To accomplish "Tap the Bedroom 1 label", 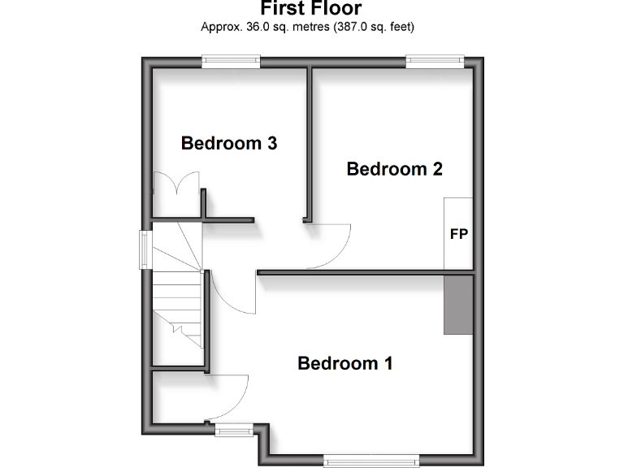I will point(345,363).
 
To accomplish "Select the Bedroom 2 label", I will point(394,169).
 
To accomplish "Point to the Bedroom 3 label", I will point(229,144).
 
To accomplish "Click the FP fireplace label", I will point(459,234).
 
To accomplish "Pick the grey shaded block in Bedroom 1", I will point(458,304).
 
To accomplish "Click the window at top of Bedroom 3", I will point(231,60).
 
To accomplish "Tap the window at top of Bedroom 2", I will point(435,60).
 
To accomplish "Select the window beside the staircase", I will point(144,248).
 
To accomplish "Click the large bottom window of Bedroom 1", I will point(371,461).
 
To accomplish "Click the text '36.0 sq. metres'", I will point(275,27).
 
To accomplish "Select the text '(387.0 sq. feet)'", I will point(370,27).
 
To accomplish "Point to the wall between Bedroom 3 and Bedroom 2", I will point(309,142).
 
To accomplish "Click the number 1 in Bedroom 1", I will point(388,363).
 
